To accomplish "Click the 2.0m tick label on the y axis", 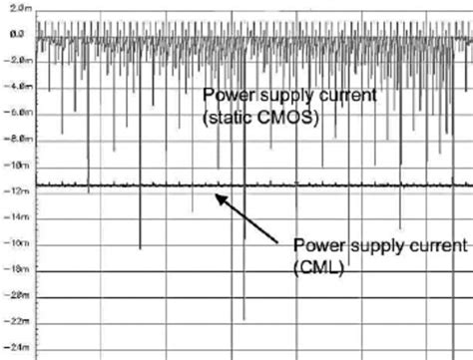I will point(16,7).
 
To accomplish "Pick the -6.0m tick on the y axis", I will point(15,111).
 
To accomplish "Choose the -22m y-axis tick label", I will point(15,321).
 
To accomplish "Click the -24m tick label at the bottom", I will point(15,347).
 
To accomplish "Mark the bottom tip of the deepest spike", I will point(243,318).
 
